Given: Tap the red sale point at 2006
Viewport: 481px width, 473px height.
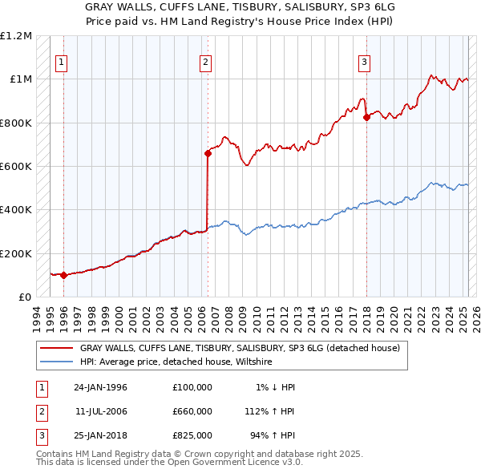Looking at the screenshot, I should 207,152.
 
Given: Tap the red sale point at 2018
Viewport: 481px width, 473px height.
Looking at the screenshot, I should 366,117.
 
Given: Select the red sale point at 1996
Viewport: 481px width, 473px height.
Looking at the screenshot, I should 63,275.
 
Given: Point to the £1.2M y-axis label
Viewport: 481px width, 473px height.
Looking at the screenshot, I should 16,36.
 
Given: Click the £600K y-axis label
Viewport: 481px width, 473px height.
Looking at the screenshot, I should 16,166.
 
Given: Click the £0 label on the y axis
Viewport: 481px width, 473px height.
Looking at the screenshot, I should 25,297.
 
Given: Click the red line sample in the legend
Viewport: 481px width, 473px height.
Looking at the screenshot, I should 57,348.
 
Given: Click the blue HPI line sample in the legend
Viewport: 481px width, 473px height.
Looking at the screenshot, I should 57,362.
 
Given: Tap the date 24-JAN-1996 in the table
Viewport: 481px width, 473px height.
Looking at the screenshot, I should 101,386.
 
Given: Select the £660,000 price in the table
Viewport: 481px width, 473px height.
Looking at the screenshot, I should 192,411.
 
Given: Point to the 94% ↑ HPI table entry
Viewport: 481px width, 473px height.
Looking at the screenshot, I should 273,436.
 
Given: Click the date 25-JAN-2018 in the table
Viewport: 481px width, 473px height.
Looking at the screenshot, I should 101,436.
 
